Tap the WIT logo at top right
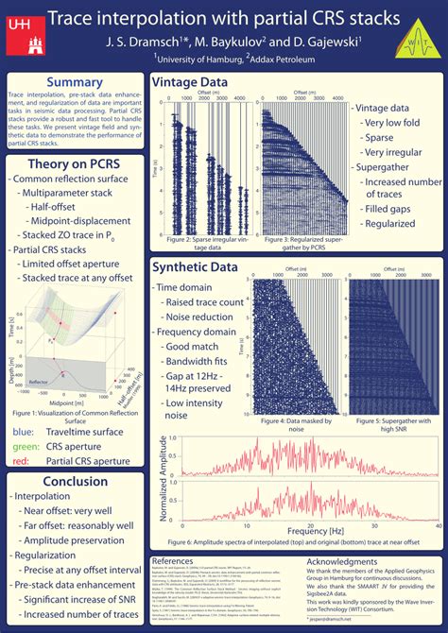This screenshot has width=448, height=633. [x=422, y=37]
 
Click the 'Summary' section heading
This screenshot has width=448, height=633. [x=75, y=83]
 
